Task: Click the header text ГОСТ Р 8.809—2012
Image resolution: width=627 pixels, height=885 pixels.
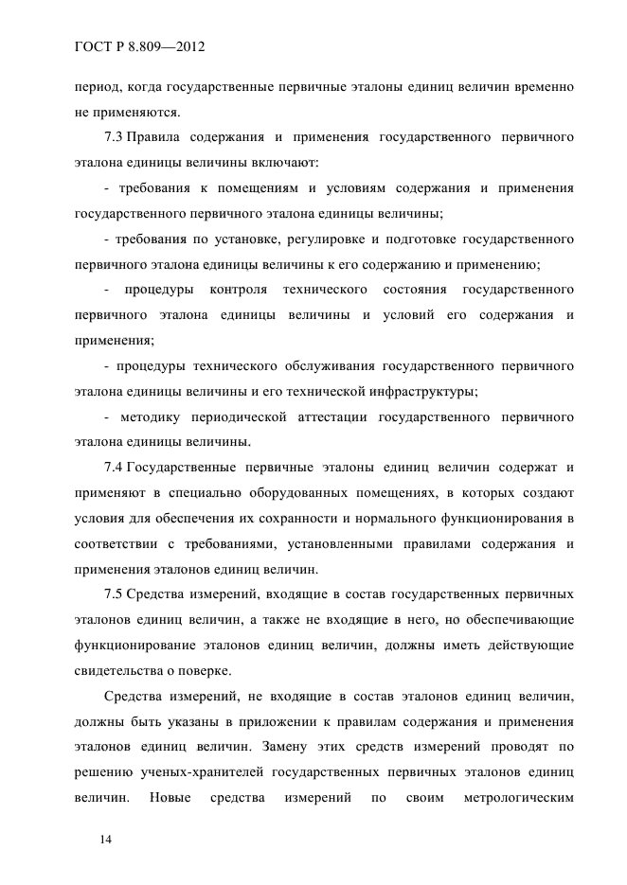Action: click(137, 45)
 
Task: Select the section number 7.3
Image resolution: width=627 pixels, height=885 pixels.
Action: click(113, 138)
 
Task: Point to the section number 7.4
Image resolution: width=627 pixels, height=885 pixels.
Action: click(113, 468)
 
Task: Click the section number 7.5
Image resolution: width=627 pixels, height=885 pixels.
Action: click(113, 594)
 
